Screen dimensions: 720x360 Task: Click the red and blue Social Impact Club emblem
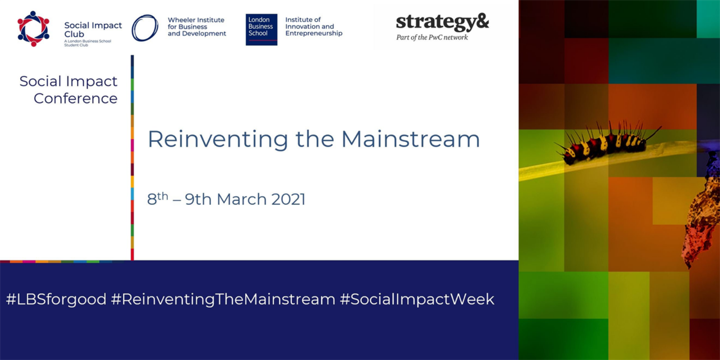[33, 29]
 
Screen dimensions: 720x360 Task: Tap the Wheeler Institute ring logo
[145, 28]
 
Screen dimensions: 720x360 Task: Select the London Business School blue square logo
[261, 30]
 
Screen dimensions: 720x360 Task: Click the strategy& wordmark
[442, 22]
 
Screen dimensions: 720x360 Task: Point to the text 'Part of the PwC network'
[432, 37]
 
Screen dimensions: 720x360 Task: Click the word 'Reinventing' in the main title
[218, 139]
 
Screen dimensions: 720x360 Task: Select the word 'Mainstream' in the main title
[410, 139]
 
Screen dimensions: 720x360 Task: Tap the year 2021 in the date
[288, 199]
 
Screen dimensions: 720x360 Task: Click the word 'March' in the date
[242, 199]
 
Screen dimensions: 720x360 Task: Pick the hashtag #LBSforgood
[56, 299]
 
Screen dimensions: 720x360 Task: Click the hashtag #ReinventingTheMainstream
[223, 299]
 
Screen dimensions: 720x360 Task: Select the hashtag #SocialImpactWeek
[417, 299]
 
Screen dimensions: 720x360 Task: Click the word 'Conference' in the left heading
[76, 99]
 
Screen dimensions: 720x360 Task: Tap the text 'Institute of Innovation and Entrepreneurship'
[314, 27]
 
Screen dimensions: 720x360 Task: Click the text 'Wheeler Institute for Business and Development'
[197, 27]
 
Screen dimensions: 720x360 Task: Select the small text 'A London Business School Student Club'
[87, 43]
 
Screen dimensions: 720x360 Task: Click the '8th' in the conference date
[157, 198]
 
